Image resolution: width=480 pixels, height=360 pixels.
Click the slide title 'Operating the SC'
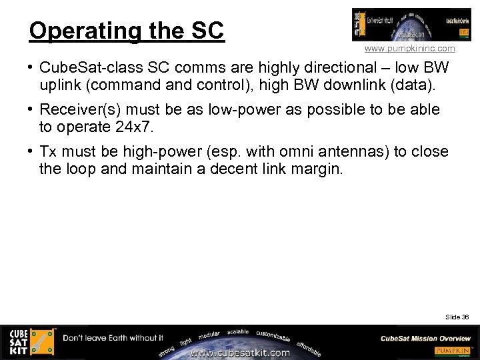tap(127, 31)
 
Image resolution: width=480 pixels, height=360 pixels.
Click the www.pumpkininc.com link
tap(409, 49)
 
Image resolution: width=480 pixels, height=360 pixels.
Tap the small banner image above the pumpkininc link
tap(402, 25)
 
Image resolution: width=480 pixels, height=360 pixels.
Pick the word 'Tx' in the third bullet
tap(48, 152)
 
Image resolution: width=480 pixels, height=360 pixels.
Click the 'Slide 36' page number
tap(457, 317)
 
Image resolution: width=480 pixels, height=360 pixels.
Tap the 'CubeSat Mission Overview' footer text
tap(425, 338)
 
